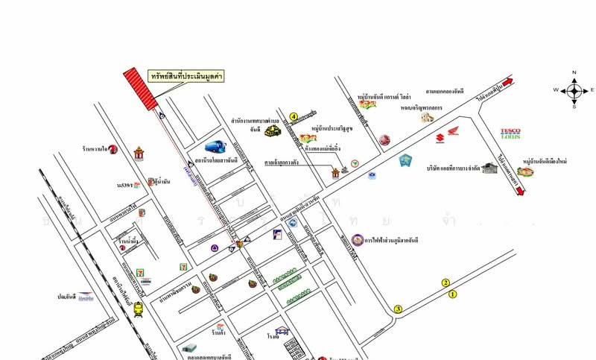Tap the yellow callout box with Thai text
click(186, 76)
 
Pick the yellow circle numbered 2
click(446, 282)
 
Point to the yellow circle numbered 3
click(398, 309)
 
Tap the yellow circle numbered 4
click(294, 116)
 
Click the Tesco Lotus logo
click(510, 132)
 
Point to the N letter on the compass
click(574, 72)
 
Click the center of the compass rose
click(574, 90)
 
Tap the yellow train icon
click(139, 310)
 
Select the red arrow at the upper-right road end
click(507, 82)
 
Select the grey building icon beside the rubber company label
click(489, 168)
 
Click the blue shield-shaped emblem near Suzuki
click(405, 160)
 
